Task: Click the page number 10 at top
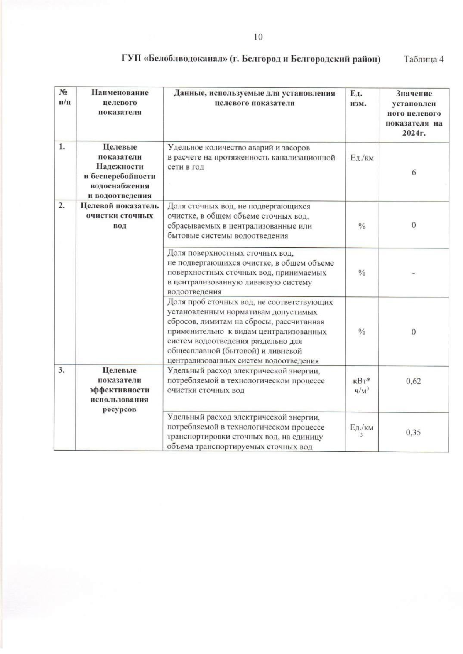tap(258, 37)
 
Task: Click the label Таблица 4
tap(423, 59)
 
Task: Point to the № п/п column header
tap(64, 98)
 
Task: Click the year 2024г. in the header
tap(413, 134)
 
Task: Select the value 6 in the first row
tap(414, 172)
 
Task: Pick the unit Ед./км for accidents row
tap(362, 158)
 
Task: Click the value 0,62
tap(413, 381)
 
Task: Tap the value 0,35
tap(413, 432)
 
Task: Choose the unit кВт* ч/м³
tap(362, 385)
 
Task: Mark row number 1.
tap(61, 147)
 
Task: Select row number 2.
tap(61, 205)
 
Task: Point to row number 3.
tap(61, 370)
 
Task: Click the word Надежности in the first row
tap(120, 166)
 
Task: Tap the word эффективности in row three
tap(119, 390)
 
